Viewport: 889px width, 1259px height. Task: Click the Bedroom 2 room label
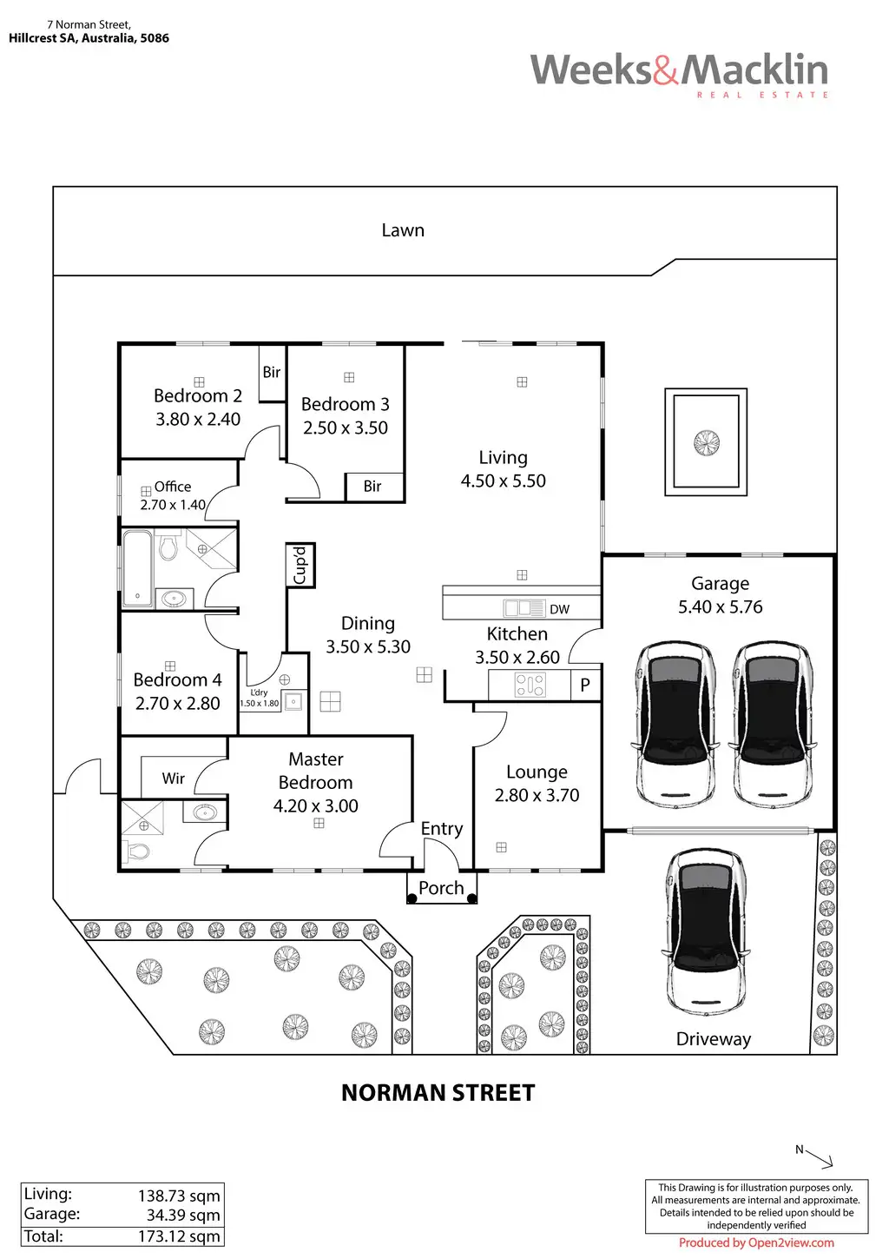click(x=198, y=395)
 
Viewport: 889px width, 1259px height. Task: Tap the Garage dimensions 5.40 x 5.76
click(x=720, y=607)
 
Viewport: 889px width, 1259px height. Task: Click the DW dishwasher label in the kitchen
click(x=559, y=609)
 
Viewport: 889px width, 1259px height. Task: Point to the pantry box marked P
click(x=585, y=685)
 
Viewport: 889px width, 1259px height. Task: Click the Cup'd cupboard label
click(x=300, y=566)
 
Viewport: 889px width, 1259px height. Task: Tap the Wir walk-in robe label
click(x=173, y=779)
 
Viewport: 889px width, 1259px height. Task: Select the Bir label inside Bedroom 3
click(x=372, y=487)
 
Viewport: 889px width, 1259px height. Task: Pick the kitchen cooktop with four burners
click(x=530, y=685)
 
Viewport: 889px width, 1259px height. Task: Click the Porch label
click(x=441, y=888)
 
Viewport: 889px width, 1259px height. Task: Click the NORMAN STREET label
click(x=438, y=1093)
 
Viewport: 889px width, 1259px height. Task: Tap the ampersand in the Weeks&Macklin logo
click(x=666, y=70)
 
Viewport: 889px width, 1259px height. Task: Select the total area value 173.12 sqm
click(x=179, y=1236)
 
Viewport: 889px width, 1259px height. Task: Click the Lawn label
click(x=403, y=230)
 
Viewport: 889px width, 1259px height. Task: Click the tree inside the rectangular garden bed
click(x=707, y=443)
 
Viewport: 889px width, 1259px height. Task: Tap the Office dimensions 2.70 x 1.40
click(x=173, y=505)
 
